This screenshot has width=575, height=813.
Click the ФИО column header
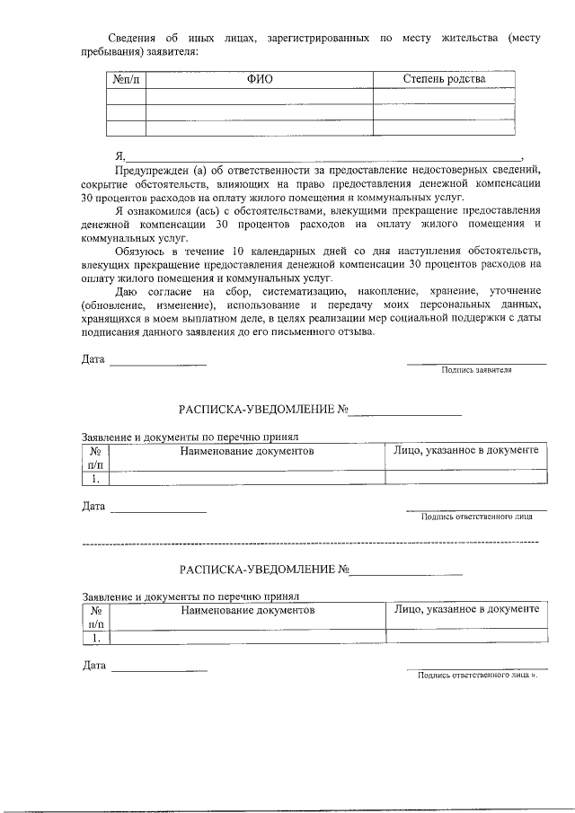(x=260, y=79)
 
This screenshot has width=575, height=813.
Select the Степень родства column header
(x=444, y=79)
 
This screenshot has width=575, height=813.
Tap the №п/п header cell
(x=126, y=79)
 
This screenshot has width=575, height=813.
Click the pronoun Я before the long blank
(x=120, y=155)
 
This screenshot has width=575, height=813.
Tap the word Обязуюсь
(x=143, y=251)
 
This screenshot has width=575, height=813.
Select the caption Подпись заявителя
(x=475, y=369)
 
